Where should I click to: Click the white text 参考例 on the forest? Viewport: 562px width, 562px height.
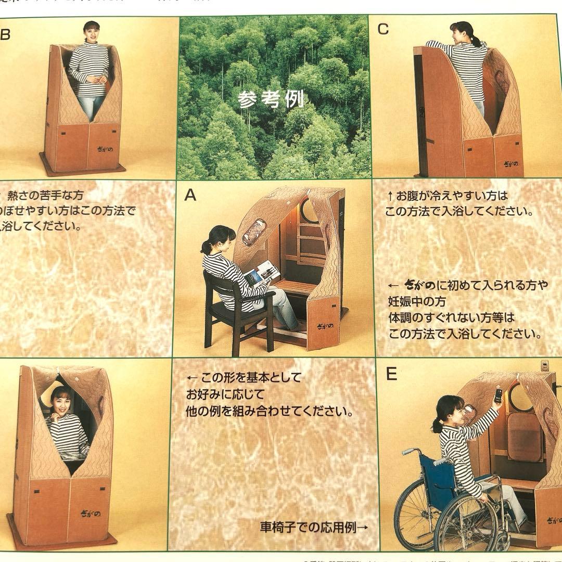pyautogui.click(x=271, y=99)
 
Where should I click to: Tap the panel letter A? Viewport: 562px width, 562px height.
pyautogui.click(x=190, y=195)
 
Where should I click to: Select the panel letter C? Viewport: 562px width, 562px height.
pyautogui.click(x=383, y=30)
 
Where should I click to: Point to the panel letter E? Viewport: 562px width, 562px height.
pyautogui.click(x=391, y=374)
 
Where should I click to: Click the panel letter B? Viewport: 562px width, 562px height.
pyautogui.click(x=5, y=35)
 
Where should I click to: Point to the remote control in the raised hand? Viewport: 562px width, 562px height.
pyautogui.click(x=498, y=395)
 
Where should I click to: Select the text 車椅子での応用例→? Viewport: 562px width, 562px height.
pyautogui.click(x=314, y=527)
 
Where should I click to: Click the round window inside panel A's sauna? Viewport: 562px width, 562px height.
pyautogui.click(x=311, y=211)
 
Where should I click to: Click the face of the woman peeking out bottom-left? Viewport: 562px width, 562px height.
pyautogui.click(x=61, y=400)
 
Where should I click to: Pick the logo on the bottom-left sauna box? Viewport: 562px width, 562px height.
pyautogui.click(x=90, y=513)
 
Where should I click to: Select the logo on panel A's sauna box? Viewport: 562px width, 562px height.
pyautogui.click(x=323, y=327)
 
